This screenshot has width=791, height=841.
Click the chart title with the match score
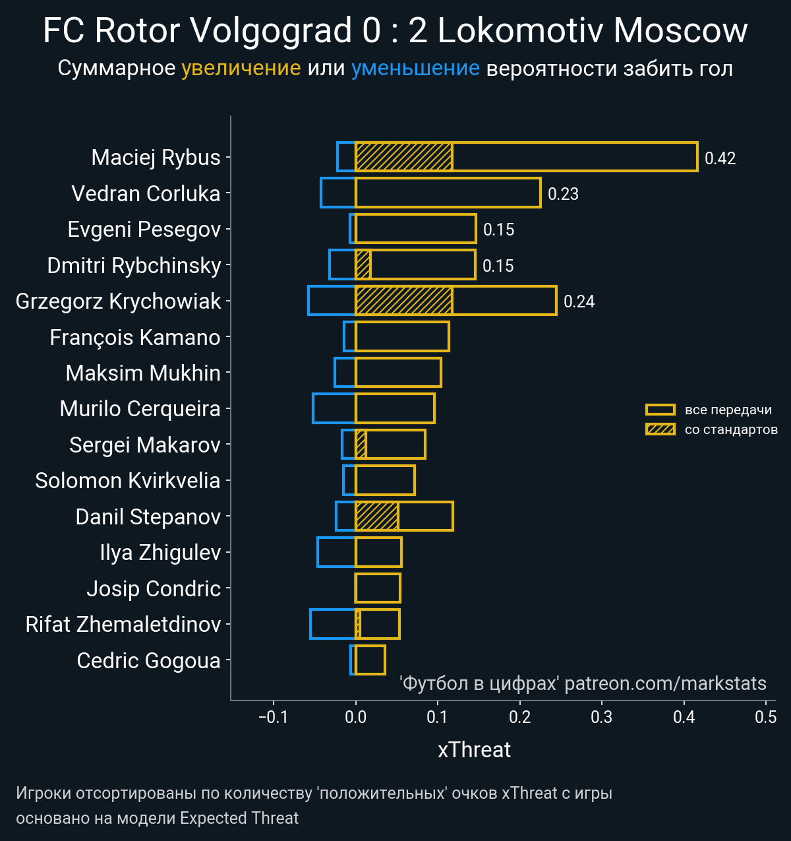(x=395, y=30)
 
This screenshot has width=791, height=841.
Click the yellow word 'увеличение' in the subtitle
(x=241, y=68)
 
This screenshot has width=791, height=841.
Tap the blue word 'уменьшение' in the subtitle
(x=415, y=68)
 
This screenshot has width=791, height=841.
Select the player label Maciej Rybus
(x=156, y=158)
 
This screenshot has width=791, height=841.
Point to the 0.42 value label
(x=720, y=158)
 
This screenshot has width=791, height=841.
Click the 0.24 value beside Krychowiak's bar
(x=579, y=301)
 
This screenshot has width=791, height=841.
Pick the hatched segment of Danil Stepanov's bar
(x=376, y=516)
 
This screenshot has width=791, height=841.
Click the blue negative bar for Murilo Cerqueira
(x=334, y=408)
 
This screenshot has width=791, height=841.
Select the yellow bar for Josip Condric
(x=378, y=588)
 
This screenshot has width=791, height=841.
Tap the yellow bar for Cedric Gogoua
(x=370, y=660)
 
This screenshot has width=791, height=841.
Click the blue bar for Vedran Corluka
(x=338, y=193)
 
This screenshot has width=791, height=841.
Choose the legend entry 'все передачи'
(x=728, y=410)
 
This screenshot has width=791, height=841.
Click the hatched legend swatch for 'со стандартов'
(x=660, y=429)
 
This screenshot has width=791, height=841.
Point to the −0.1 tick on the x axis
(x=274, y=717)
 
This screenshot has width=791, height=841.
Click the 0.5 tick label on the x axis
(x=766, y=717)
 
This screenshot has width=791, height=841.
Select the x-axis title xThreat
(x=474, y=750)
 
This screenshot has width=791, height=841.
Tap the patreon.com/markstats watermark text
(x=665, y=683)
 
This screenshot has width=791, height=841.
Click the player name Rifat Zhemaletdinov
(x=123, y=624)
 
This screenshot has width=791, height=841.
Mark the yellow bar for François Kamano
(x=402, y=337)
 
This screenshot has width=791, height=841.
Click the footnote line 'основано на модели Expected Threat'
(x=158, y=819)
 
